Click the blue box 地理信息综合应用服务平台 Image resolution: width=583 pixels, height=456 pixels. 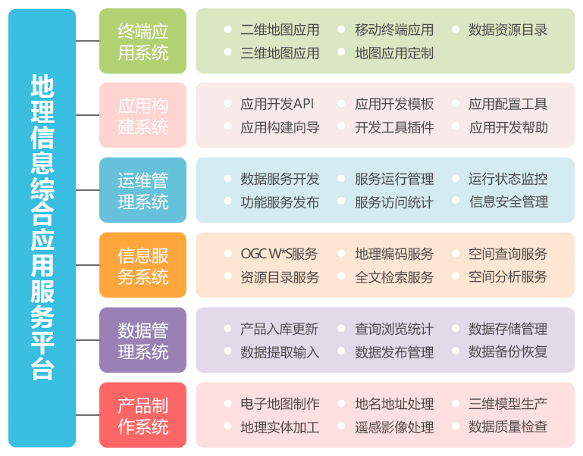coord(42,227)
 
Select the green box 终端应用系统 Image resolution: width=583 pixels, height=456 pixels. coord(143,41)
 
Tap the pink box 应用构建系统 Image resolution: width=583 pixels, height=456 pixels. coord(143,115)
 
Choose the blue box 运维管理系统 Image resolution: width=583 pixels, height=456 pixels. coord(143,190)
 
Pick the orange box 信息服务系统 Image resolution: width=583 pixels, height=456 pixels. coord(143,265)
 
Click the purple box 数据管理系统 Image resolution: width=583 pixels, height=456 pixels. coord(143,340)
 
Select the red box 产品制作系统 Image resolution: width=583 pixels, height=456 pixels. coord(143,415)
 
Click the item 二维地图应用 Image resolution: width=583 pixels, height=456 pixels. coord(280,30)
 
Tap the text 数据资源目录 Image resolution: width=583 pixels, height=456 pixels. coord(508,30)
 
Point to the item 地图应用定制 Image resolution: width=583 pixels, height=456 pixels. coord(394,53)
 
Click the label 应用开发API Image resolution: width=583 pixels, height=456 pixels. coord(277,104)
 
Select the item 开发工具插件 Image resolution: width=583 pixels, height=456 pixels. coord(394,127)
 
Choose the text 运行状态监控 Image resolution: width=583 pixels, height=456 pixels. coord(508,179)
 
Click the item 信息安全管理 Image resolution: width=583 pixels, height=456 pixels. coord(509,201)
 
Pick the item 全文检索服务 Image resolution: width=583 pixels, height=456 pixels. coord(394,276)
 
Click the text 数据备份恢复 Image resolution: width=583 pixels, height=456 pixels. coord(508,351)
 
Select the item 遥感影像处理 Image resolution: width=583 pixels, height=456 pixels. coord(394,427)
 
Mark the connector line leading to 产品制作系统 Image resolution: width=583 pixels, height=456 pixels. coord(87,415)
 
